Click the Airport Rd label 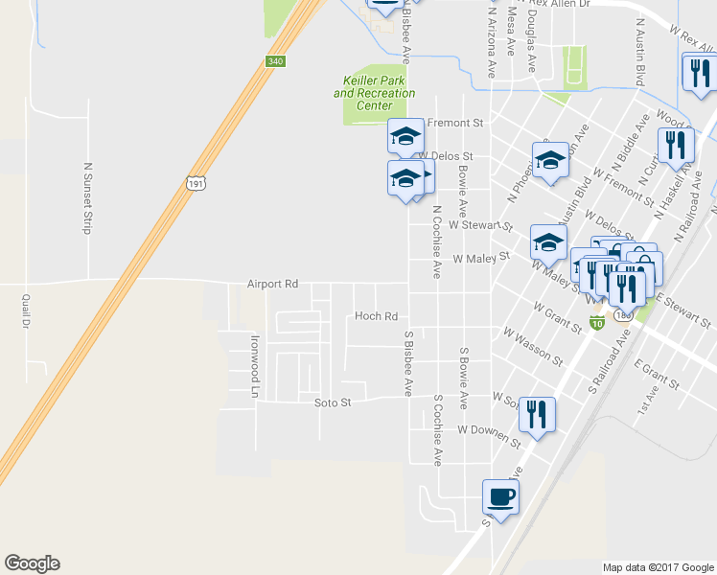273,285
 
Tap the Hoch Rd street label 376,316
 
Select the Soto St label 334,403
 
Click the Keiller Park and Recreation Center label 375,93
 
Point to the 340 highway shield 275,61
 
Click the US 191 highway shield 197,183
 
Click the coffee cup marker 499,496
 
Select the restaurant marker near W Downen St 537,413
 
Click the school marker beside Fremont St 405,136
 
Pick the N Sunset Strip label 85,197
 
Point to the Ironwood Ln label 256,366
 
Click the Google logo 32,563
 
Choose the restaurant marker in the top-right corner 697,72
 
